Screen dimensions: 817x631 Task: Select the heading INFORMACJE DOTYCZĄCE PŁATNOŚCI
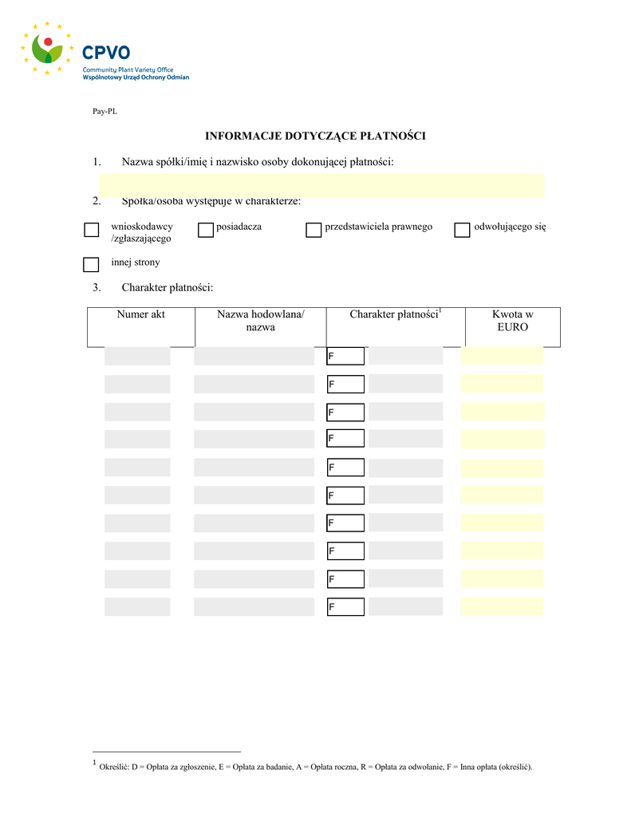(x=315, y=136)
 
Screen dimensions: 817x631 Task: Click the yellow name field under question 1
(x=321, y=184)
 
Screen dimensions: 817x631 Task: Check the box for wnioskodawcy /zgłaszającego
(x=92, y=231)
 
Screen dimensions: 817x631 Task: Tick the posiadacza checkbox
(x=206, y=231)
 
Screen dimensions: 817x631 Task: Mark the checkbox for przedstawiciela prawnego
(x=314, y=231)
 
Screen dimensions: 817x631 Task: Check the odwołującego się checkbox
(x=462, y=231)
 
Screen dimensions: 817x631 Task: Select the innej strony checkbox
(x=92, y=265)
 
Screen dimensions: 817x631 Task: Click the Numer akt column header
(x=141, y=315)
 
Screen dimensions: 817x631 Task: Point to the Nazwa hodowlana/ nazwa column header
(x=261, y=321)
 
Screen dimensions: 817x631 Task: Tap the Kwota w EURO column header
(x=512, y=321)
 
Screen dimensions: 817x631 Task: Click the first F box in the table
(x=345, y=356)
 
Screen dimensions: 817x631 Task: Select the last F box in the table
(x=345, y=607)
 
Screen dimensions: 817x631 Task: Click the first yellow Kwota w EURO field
(x=502, y=356)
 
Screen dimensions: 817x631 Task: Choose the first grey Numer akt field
(x=137, y=356)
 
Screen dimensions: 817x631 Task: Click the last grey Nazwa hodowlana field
(x=254, y=607)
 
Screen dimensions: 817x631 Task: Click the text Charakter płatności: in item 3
(x=168, y=287)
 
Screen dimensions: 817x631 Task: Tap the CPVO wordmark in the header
(x=106, y=53)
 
